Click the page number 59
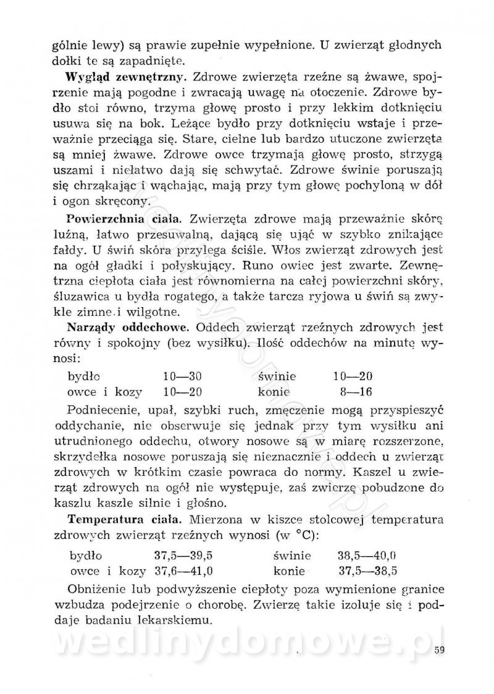[440, 649]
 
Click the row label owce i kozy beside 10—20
[105, 391]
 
